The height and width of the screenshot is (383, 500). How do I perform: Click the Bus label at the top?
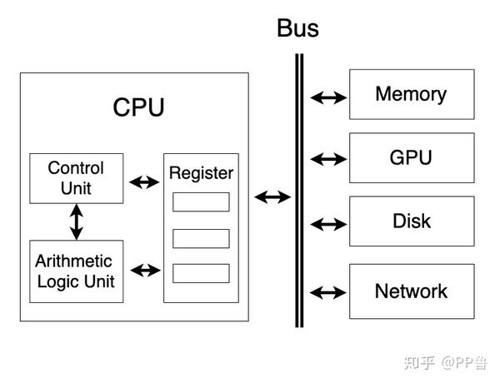coord(297,29)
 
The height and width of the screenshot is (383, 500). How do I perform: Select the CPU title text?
coord(138,108)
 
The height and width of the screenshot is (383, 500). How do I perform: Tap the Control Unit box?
coord(76,178)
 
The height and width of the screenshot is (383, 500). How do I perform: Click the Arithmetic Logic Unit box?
coord(76,271)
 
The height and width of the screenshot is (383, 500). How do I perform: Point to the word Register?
coord(201,173)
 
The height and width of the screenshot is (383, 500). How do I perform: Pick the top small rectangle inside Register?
coord(201,202)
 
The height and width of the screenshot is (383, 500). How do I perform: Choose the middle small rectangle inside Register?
coord(201,238)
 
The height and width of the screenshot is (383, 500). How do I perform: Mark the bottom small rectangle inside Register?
coord(201,273)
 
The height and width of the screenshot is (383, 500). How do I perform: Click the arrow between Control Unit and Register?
coord(144,181)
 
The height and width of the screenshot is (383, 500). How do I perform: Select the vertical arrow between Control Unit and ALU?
coord(77,221)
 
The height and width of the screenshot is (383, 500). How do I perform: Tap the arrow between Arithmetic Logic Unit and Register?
coord(144,270)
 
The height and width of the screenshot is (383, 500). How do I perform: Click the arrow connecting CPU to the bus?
coord(272,197)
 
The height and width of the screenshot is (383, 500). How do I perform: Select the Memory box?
coord(411,94)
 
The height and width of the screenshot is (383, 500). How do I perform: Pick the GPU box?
coord(411,157)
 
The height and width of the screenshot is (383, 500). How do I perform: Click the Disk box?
coord(411,221)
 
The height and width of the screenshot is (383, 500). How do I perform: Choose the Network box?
coord(411,291)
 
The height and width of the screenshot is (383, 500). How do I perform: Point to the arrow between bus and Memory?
coord(328,97)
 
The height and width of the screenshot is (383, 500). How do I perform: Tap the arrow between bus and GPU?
coord(328,157)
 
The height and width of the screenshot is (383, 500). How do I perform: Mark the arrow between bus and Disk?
coord(328,223)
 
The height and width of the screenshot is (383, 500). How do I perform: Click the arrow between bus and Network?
coord(328,292)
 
